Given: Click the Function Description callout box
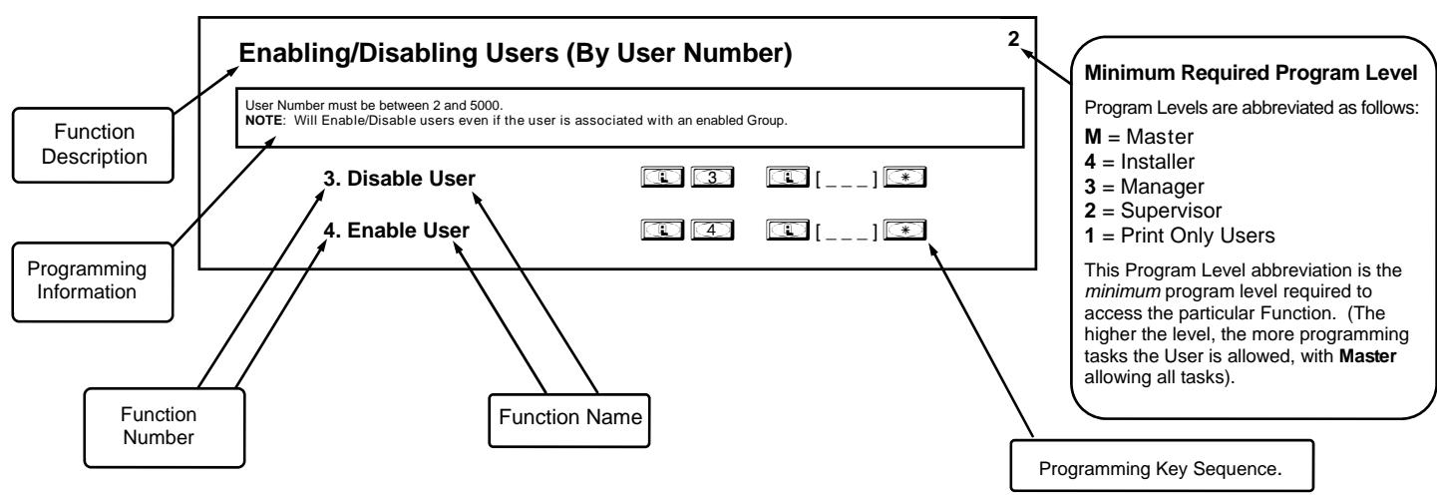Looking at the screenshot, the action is click(93, 145).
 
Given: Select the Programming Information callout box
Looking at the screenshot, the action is click(93, 281).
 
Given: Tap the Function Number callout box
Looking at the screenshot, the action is click(165, 427).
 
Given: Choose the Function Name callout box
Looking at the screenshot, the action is click(569, 420).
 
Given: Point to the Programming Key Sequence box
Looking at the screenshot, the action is click(1162, 466).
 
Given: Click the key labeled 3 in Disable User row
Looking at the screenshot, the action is click(712, 177).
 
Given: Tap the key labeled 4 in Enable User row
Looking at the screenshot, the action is click(712, 230).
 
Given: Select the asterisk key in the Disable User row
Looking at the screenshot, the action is click(904, 177).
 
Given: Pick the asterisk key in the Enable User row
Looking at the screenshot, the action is click(904, 230).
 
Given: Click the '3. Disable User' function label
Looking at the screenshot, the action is click(399, 179).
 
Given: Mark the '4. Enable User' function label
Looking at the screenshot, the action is click(396, 231).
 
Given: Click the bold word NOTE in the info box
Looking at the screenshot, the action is click(263, 121).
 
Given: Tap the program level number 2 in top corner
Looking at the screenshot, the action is click(1013, 39).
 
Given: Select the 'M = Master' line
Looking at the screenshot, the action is click(1139, 137).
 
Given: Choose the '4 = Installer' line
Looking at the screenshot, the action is click(1140, 162).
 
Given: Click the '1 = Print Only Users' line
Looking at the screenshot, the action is click(1179, 236).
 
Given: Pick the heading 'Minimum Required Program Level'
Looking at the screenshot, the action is click(1251, 73).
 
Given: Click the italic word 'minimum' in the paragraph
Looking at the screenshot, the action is click(1122, 292).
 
